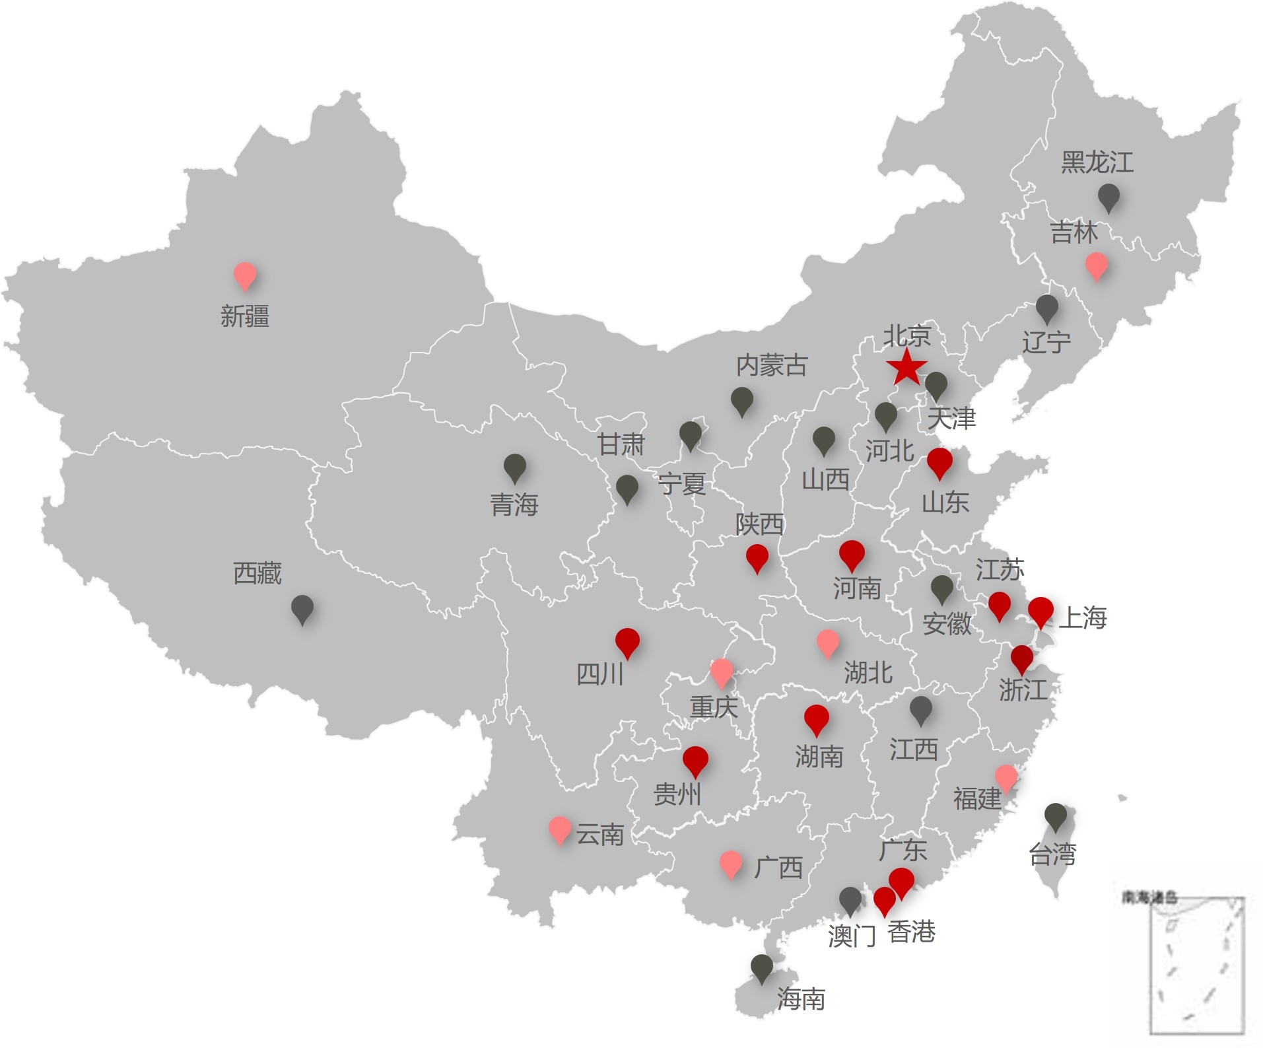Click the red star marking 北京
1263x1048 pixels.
(x=906, y=367)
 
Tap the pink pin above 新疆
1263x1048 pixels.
(x=245, y=274)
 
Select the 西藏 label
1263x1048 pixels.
(x=257, y=573)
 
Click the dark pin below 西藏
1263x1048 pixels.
(x=302, y=608)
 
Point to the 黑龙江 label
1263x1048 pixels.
(x=1097, y=162)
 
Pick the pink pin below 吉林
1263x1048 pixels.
(x=1097, y=264)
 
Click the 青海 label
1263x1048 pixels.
(x=514, y=505)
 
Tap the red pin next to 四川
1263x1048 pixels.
(x=627, y=641)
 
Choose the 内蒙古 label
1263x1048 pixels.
(x=771, y=365)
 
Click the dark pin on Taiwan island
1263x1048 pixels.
(x=1056, y=816)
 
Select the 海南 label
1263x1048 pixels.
(x=801, y=998)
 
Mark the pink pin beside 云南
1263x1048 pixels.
(x=560, y=828)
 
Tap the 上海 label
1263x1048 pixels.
(x=1082, y=618)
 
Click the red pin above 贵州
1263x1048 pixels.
(x=695, y=759)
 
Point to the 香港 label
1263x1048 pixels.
(x=911, y=932)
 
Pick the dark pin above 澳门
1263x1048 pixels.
(x=850, y=899)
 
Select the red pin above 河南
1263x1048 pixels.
(x=852, y=553)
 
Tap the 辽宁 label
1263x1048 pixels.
(x=1046, y=342)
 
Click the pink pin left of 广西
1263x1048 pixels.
(x=731, y=863)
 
